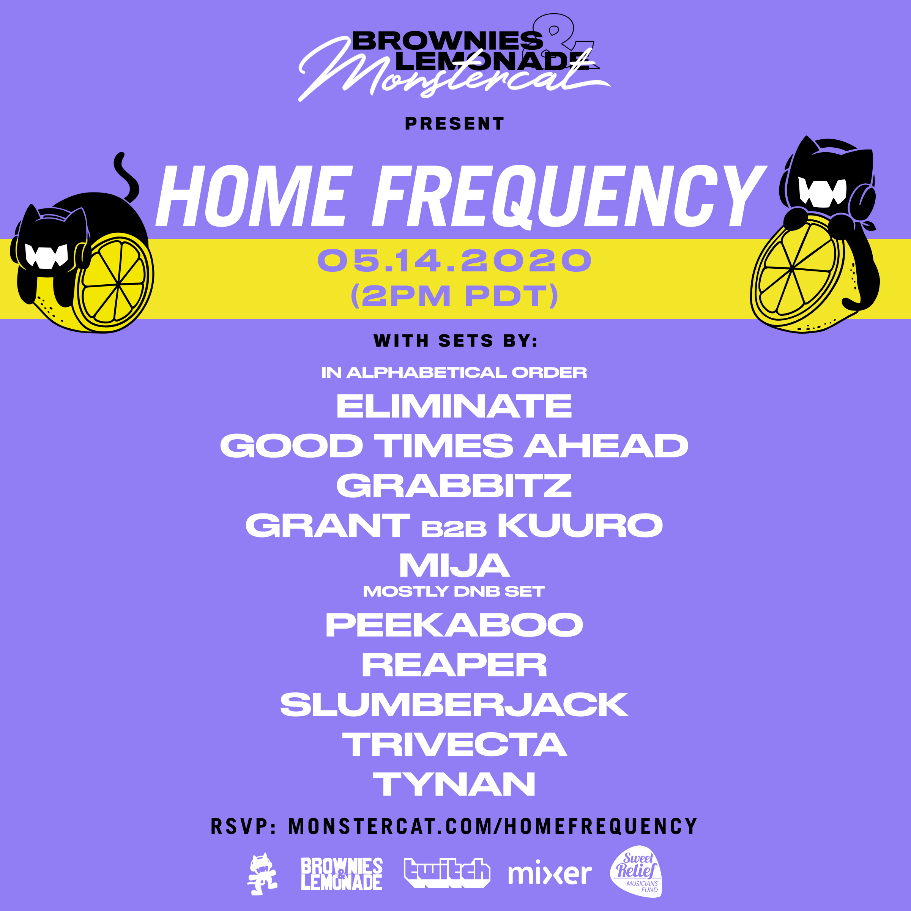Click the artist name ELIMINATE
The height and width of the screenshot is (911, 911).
[x=454, y=406]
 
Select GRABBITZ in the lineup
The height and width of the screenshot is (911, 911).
[x=454, y=486]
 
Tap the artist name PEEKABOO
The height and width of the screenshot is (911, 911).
[x=454, y=625]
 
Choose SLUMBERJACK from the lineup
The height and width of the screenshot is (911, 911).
[x=454, y=705]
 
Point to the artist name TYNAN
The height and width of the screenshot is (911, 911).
[x=454, y=785]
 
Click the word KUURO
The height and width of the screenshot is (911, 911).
[x=580, y=526]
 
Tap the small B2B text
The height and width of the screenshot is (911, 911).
[x=454, y=530]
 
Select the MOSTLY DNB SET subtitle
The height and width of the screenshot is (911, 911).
[x=454, y=592]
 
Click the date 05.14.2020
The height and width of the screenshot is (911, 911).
[x=454, y=260]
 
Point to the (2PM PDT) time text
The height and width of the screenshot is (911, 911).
[x=454, y=296]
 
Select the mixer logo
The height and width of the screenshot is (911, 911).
[x=549, y=874]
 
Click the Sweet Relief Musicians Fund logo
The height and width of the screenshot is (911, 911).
[x=637, y=872]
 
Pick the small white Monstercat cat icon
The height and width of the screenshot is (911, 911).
[x=263, y=874]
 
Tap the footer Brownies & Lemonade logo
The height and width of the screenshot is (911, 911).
[x=341, y=874]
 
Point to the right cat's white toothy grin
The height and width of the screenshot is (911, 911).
[x=822, y=191]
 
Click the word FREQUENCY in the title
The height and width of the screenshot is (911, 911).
[x=568, y=196]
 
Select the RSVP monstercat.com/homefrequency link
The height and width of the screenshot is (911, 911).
[x=454, y=826]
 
